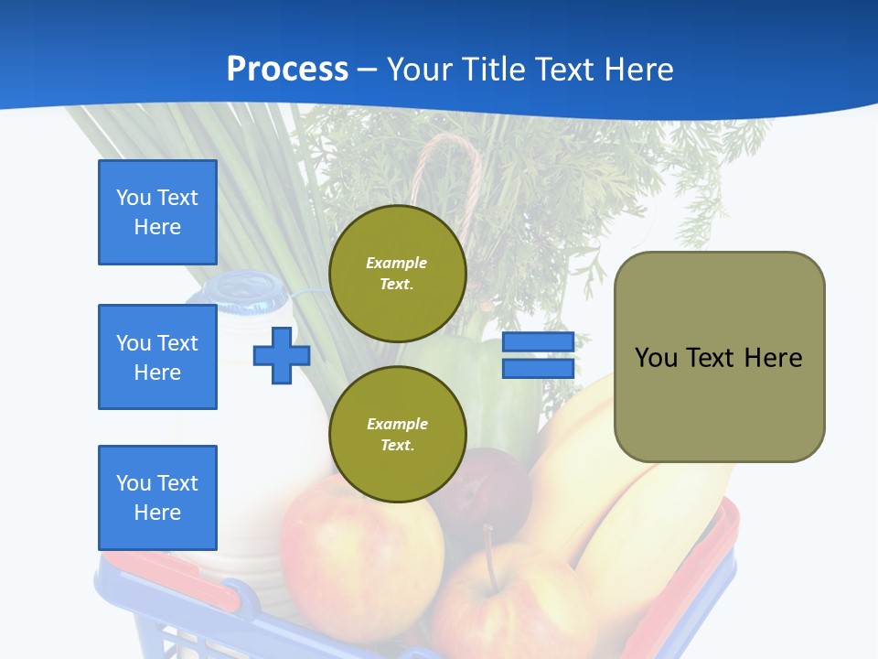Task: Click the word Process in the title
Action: click(x=287, y=69)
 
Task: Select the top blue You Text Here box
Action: click(x=157, y=212)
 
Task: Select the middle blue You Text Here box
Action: click(x=157, y=357)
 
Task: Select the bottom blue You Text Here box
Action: click(x=157, y=498)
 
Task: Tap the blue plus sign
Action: click(x=282, y=355)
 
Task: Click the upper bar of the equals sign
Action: click(x=538, y=341)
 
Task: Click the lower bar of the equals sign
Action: click(x=538, y=369)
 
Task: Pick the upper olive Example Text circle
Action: click(x=398, y=274)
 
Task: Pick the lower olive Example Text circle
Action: click(x=398, y=434)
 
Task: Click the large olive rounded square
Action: click(x=720, y=357)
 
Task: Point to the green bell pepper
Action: click(x=482, y=386)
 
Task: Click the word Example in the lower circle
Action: click(x=398, y=424)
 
